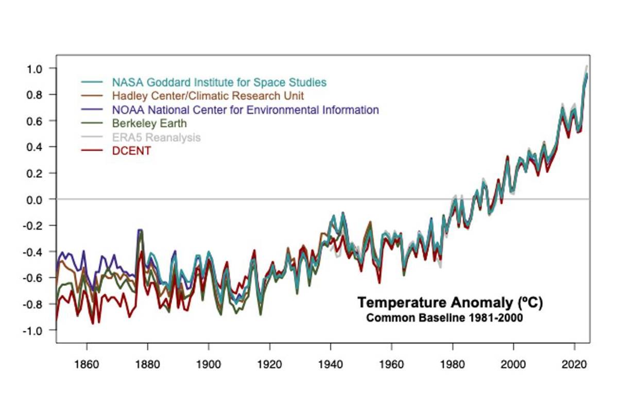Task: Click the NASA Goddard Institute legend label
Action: coord(219,82)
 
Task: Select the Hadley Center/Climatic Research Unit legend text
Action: coord(208,96)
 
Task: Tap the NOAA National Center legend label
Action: coord(245,110)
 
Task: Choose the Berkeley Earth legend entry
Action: coord(149,124)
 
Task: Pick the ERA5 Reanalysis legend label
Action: coord(156,138)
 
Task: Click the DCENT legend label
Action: coord(131,151)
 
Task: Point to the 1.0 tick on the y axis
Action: coord(41,68)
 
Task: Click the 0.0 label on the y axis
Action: coord(41,199)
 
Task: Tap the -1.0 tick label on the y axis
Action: coord(39,330)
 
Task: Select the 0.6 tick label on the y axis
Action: coord(41,121)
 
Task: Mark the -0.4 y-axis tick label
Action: coord(39,252)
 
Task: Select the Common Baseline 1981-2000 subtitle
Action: coord(444,318)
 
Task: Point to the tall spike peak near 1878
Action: coord(140,230)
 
